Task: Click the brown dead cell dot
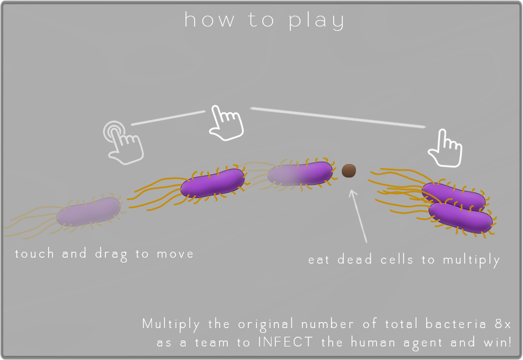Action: tap(349, 171)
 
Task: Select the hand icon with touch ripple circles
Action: tap(123, 141)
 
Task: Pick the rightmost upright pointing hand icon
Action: tap(446, 148)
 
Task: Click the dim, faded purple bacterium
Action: tap(89, 211)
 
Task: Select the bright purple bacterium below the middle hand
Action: tap(213, 183)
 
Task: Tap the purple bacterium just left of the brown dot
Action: tap(300, 174)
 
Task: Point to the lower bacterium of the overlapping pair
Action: tap(461, 217)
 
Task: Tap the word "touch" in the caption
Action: tap(35, 253)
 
